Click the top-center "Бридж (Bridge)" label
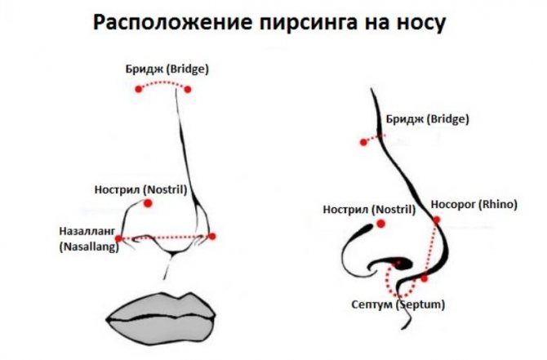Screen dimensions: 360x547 pyautogui.click(x=167, y=69)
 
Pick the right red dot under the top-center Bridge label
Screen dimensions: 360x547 pyautogui.click(x=188, y=89)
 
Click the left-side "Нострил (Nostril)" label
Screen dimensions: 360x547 pyautogui.click(x=141, y=189)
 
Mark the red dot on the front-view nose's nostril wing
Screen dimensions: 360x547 pyautogui.click(x=148, y=203)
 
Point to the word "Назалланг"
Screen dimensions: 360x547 pyautogui.click(x=87, y=230)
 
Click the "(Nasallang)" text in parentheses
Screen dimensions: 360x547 pyautogui.click(x=88, y=246)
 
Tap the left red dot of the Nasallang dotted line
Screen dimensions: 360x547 pyautogui.click(x=119, y=238)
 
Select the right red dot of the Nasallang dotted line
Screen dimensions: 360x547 pyautogui.click(x=212, y=237)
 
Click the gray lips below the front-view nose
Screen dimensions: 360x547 pyautogui.click(x=162, y=312)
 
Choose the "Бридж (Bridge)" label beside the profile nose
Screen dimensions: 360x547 pyautogui.click(x=426, y=118)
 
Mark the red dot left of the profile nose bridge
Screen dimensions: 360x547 pyautogui.click(x=363, y=142)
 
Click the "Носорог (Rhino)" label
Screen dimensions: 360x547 pyautogui.click(x=474, y=203)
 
